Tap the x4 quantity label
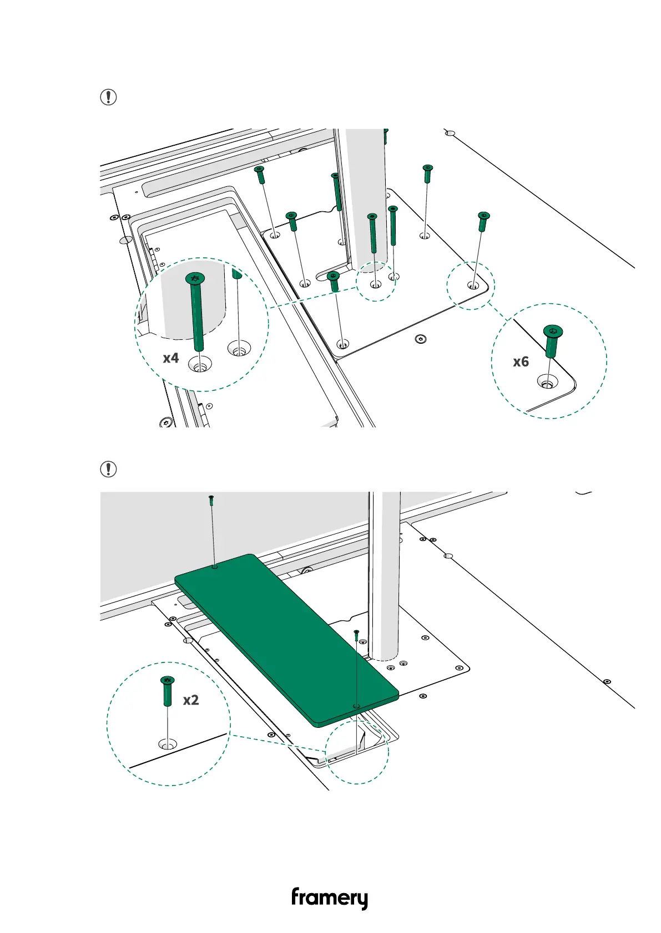coord(171,358)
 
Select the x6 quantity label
coord(521,362)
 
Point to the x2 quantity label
coord(191,700)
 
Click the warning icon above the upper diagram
coord(108,98)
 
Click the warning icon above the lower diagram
coord(108,469)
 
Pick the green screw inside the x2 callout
coord(167,690)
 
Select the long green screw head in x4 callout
coord(194,278)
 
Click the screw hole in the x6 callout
coord(547,382)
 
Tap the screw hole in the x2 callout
coord(167,744)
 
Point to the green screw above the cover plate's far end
coord(211,500)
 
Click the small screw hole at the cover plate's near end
coord(356,706)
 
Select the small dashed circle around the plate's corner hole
coord(471,285)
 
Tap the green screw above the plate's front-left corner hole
coord(334,281)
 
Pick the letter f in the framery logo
coord(296,896)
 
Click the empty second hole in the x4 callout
coord(239,349)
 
